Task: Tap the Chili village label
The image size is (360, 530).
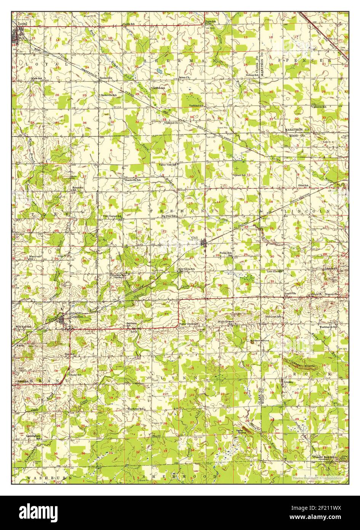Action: click(x=206, y=237)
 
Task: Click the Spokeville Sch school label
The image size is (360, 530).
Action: click(x=109, y=95)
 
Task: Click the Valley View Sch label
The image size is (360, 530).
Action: click(x=168, y=165)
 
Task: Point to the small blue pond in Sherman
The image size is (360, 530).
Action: click(x=159, y=71)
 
